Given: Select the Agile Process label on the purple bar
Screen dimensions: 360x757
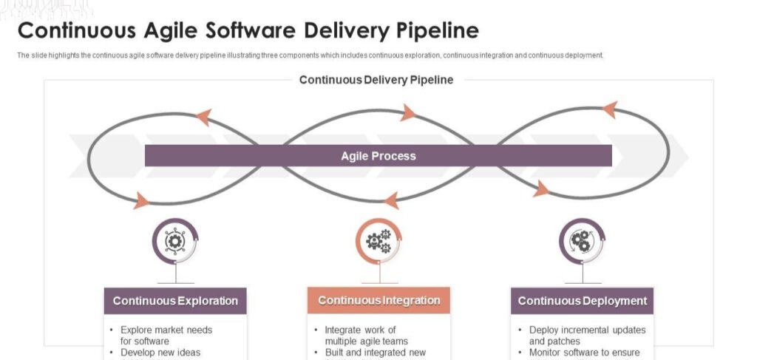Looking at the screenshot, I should (378, 156).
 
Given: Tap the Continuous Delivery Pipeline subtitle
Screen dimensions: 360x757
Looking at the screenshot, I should (376, 80).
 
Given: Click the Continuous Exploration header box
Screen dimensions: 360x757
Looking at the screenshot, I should (175, 301).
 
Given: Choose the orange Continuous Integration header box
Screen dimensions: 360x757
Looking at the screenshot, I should (378, 301).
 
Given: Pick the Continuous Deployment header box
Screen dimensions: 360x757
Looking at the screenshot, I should (582, 301).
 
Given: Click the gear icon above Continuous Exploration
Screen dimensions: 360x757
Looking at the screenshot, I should (175, 240).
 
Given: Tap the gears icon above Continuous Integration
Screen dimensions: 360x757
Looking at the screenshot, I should (378, 240).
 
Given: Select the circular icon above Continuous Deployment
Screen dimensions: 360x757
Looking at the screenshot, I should (582, 240).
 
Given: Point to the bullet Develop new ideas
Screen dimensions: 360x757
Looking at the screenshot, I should (160, 353).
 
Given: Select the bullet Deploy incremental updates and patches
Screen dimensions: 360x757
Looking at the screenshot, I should (587, 335).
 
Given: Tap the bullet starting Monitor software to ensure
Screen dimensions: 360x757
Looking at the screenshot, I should (584, 353).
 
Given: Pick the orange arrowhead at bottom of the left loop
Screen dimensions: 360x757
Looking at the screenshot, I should (140, 199).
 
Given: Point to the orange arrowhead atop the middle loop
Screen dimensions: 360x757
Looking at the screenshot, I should (407, 113).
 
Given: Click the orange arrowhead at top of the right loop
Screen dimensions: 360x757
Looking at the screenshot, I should (609, 110).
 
